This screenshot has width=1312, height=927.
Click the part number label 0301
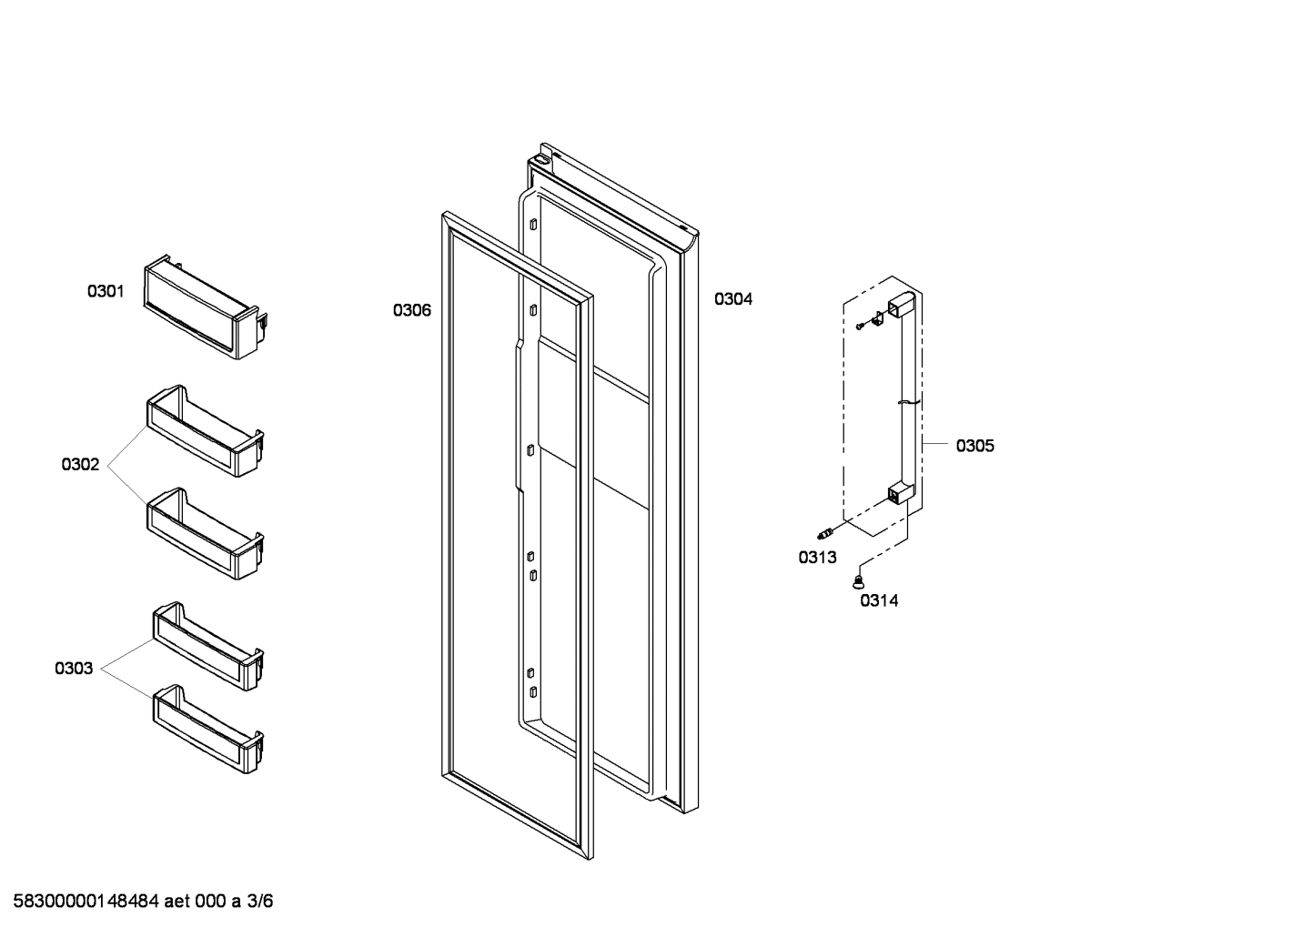[106, 292]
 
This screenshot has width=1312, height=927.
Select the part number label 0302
[80, 465]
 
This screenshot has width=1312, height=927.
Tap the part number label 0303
[74, 669]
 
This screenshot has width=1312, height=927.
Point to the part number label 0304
[732, 299]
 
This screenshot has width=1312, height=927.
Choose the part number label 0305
[974, 446]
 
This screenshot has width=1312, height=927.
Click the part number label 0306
[412, 310]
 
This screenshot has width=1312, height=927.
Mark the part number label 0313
[817, 558]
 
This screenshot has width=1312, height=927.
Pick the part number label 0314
[879, 600]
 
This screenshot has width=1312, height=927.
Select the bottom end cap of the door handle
[900, 494]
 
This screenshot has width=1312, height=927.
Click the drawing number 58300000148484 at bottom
[86, 902]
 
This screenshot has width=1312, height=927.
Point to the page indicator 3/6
[260, 902]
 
